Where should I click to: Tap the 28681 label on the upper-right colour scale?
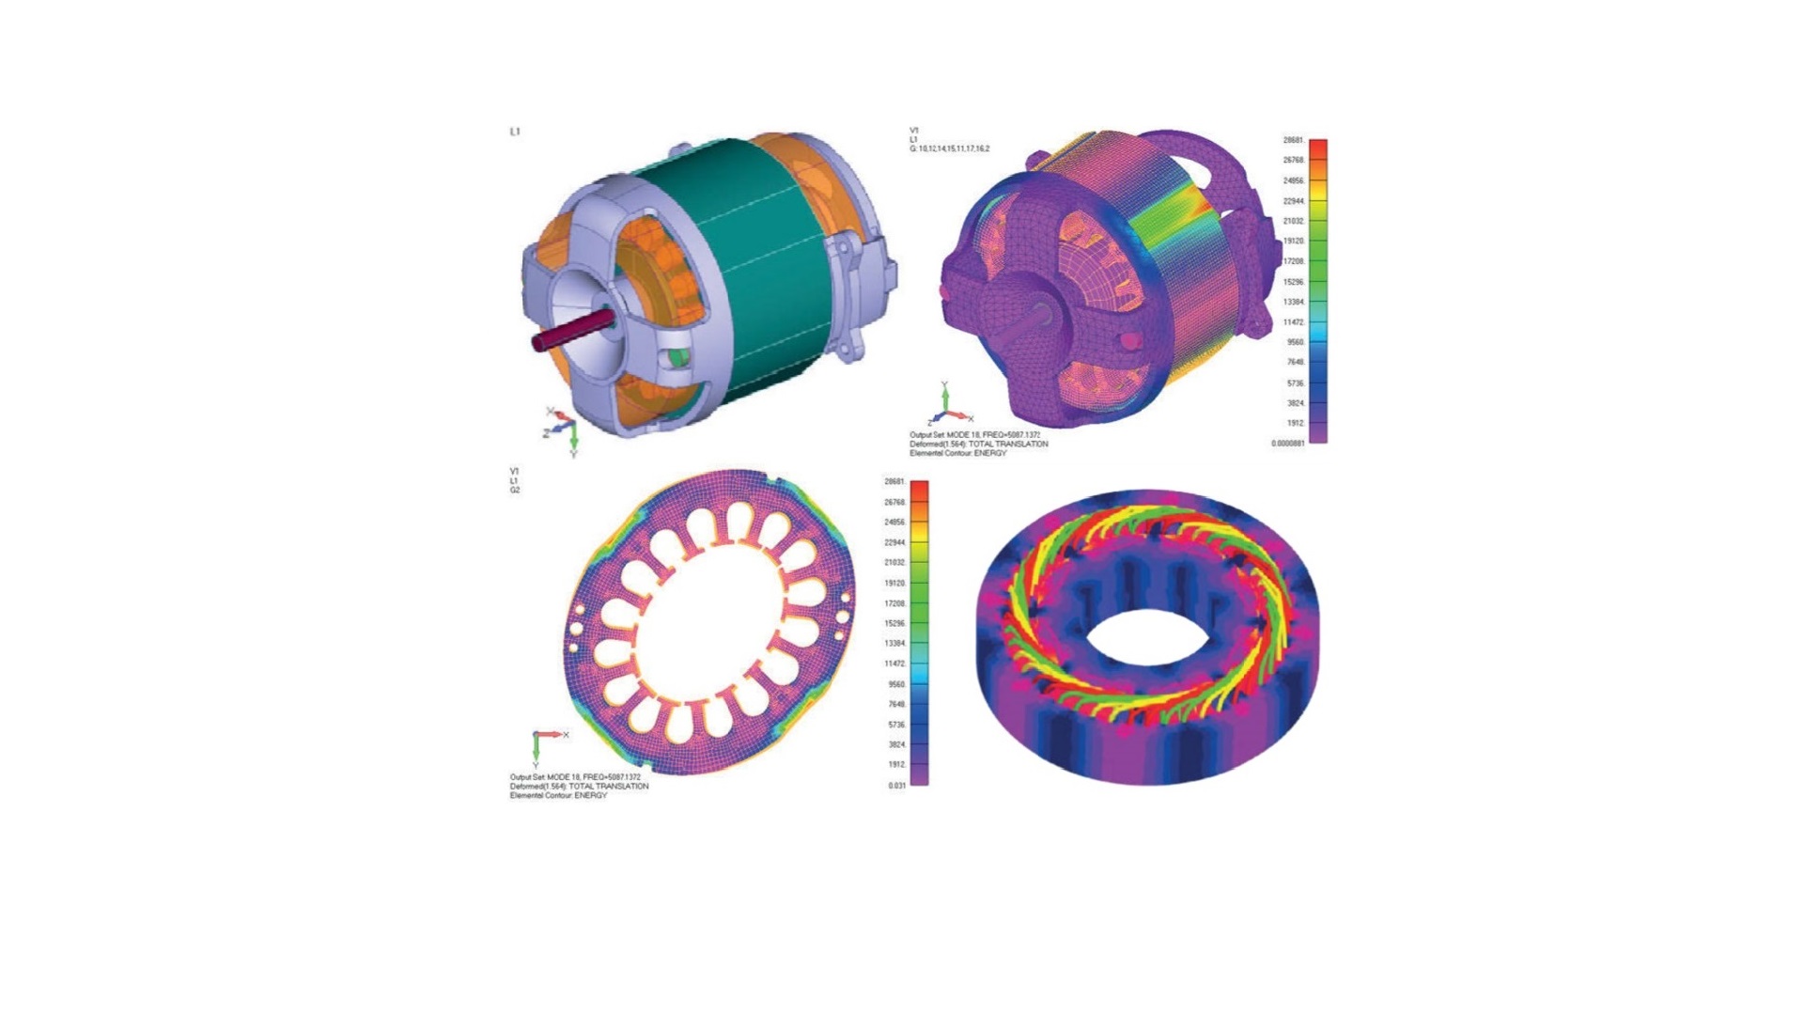[1293, 140]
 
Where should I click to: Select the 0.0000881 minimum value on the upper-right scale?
[1287, 444]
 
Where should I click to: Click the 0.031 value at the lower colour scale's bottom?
[896, 786]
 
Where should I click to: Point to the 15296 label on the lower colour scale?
[894, 623]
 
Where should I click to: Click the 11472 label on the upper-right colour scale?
[1294, 322]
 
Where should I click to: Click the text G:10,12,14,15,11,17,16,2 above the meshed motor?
[949, 148]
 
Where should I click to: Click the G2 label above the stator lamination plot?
[515, 490]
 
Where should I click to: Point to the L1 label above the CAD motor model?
[515, 132]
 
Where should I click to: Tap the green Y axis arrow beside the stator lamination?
[536, 749]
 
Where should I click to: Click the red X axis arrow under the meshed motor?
[960, 414]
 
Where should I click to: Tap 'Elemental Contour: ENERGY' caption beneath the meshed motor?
[957, 453]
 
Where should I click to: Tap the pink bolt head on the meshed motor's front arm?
[1132, 339]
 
